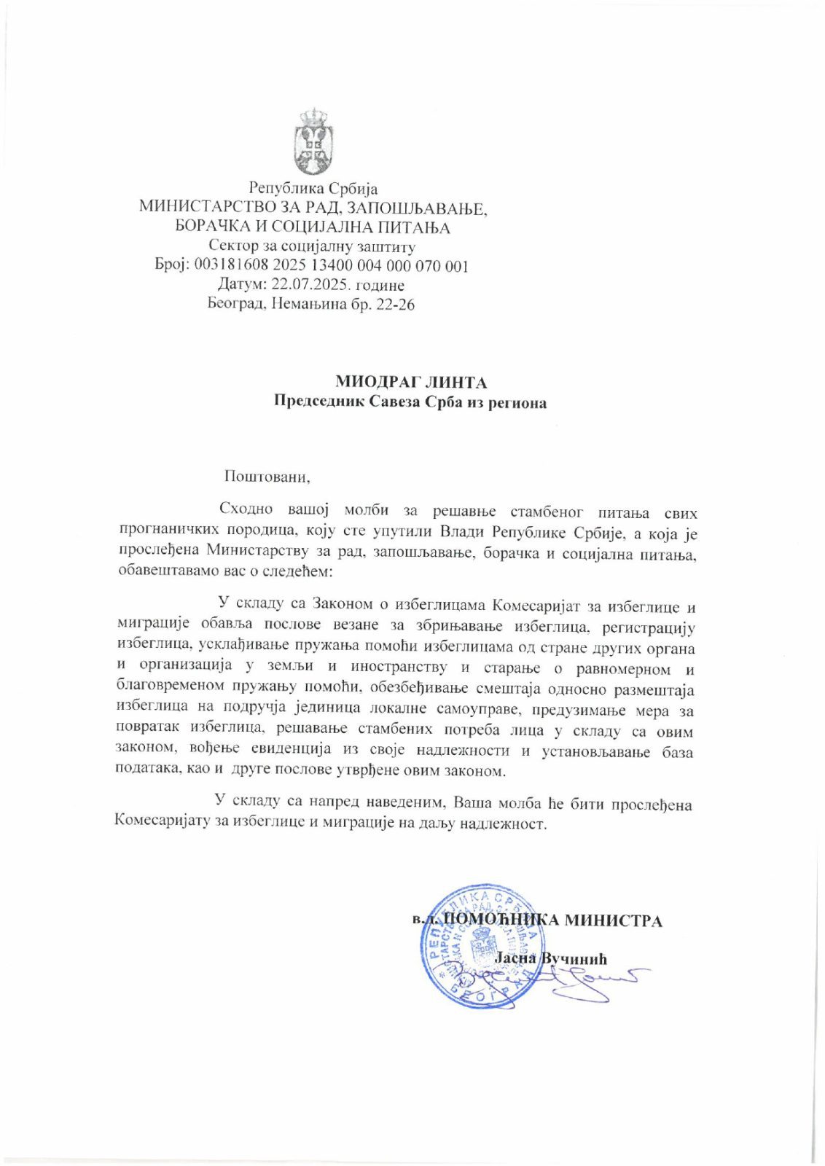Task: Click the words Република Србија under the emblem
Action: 313,189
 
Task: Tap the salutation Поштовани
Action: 267,477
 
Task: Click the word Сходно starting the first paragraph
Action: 246,510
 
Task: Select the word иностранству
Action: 399,668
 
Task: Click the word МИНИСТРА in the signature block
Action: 613,921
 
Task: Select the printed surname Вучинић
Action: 572,959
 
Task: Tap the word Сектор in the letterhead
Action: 232,247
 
